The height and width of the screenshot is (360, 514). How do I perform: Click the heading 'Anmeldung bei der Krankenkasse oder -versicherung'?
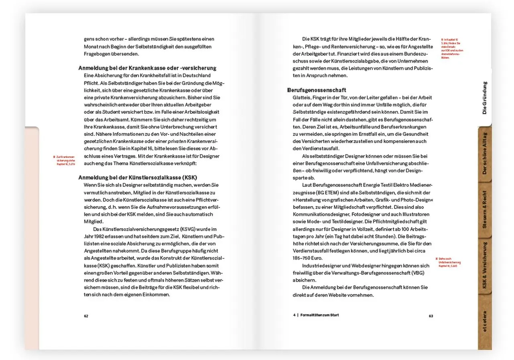pos(147,68)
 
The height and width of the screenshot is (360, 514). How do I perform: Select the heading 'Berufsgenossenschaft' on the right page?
pos(316,90)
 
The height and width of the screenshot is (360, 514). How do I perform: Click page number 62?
pos(86,316)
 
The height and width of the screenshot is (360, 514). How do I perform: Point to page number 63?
pos(431,316)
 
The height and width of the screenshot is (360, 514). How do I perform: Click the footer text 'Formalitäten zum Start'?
pos(320,315)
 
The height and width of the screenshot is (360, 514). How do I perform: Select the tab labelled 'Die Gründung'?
pos(484,98)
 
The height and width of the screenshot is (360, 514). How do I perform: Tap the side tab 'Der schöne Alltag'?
pos(485,153)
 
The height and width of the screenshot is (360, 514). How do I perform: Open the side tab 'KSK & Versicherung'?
pos(485,266)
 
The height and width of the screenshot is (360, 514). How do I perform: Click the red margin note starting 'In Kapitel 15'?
pos(452,48)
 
